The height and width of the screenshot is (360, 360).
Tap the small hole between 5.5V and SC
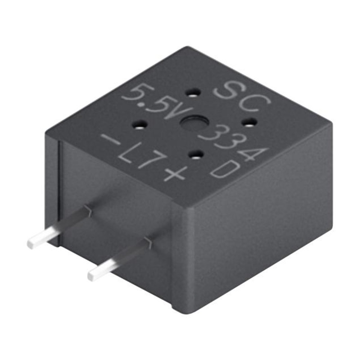[x=193, y=93]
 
